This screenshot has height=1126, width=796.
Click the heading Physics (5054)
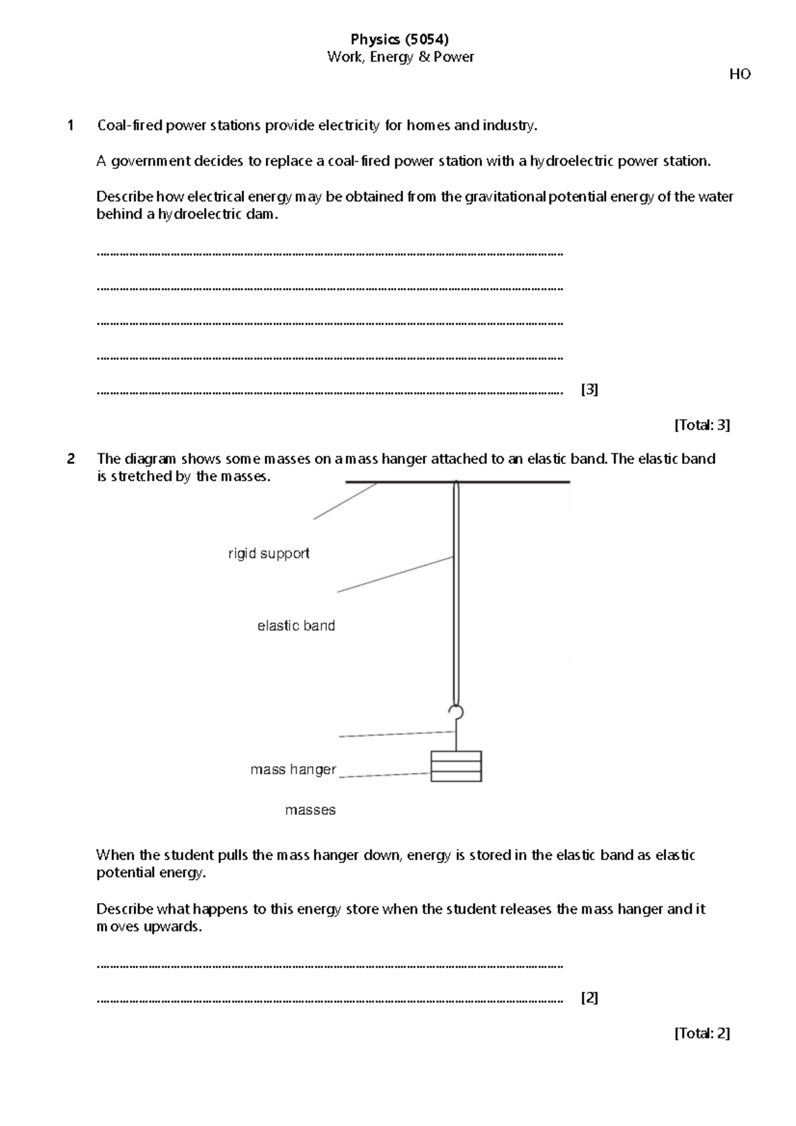tap(400, 40)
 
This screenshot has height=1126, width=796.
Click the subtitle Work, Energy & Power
tap(400, 57)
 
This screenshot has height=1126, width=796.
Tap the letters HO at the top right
tap(740, 74)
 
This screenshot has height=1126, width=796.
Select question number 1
tap(70, 125)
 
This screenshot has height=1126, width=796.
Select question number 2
tap(70, 458)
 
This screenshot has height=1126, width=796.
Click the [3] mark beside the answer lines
tap(589, 389)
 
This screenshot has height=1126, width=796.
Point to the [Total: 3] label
tap(702, 425)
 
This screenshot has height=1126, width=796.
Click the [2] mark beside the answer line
tap(589, 997)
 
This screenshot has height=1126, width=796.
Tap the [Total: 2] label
tap(702, 1032)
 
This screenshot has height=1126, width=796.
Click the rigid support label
tap(269, 553)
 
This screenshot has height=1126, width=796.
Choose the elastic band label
tap(296, 626)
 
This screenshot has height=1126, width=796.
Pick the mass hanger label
tap(293, 770)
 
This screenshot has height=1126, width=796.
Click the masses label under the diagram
tap(310, 810)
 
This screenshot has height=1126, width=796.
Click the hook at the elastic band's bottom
tap(456, 713)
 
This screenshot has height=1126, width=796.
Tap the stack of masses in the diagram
tap(456, 766)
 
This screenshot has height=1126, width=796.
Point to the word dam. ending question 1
tap(261, 214)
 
